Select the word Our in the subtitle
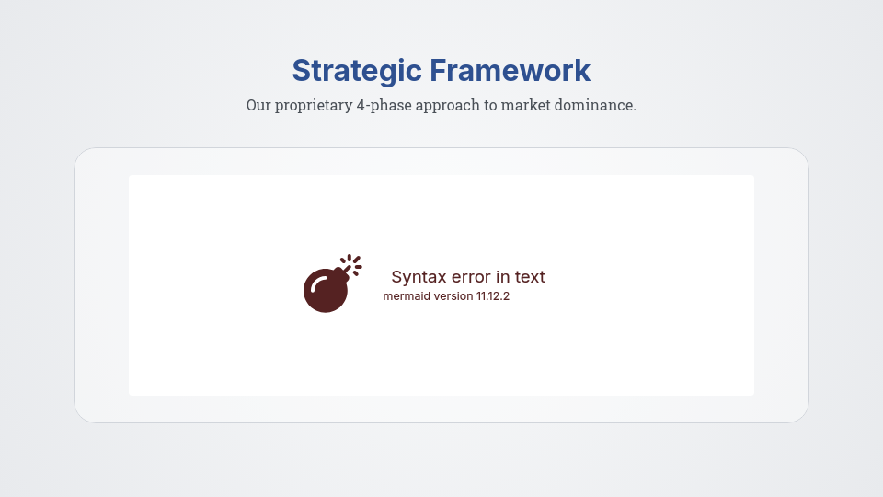(x=258, y=105)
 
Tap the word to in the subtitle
(x=490, y=105)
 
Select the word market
(x=527, y=105)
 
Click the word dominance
(x=595, y=105)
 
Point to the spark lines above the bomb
(x=353, y=262)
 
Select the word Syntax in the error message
(x=419, y=277)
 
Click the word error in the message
(x=472, y=277)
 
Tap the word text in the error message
(x=531, y=277)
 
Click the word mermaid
(x=407, y=296)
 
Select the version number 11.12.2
(x=493, y=296)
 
